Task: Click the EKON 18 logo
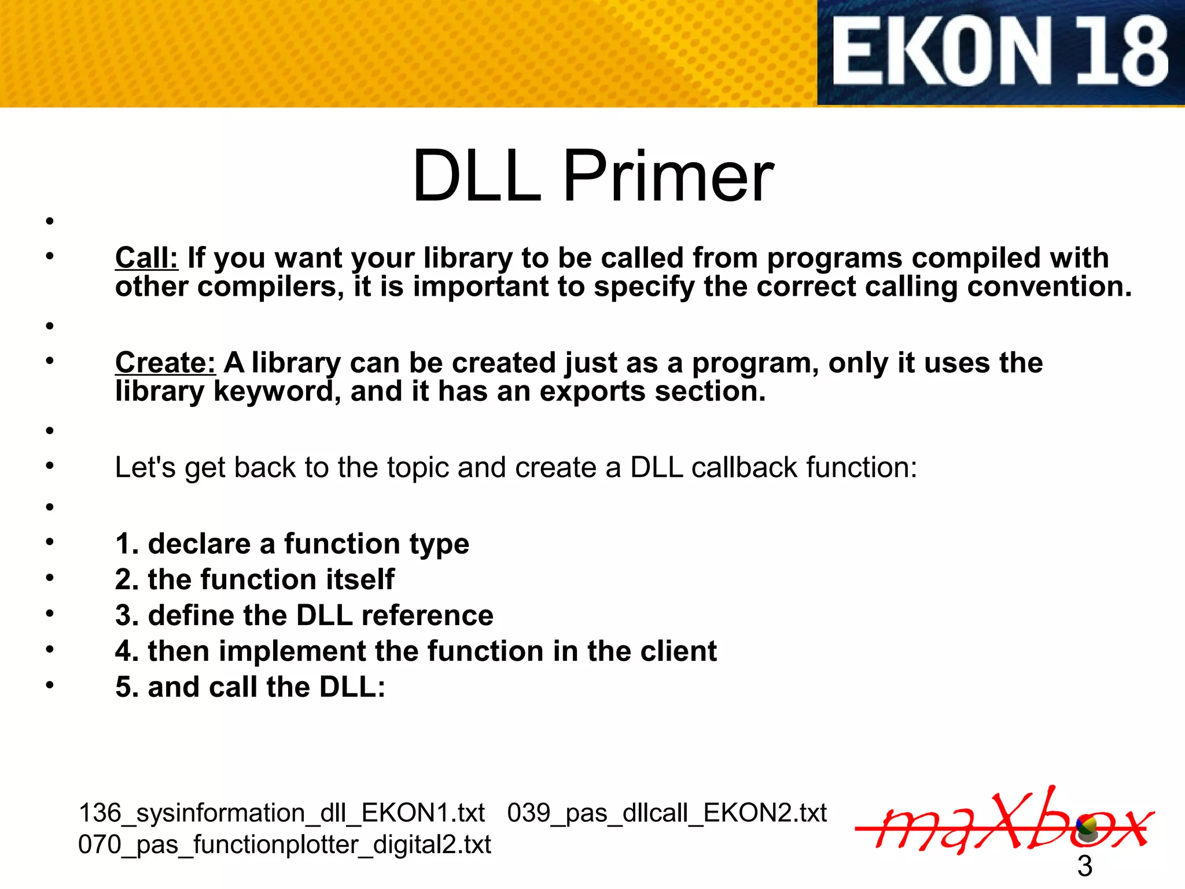[x=1000, y=52]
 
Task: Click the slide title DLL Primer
[x=592, y=176]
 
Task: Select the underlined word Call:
[x=146, y=258]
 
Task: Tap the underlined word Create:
[x=165, y=363]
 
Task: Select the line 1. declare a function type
[x=292, y=544]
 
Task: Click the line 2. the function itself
[x=255, y=579]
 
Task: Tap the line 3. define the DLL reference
[x=304, y=615]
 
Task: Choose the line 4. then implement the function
[x=415, y=651]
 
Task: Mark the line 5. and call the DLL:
[x=250, y=687]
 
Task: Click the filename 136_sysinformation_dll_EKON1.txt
[x=281, y=813]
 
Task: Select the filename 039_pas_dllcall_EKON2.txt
[x=667, y=813]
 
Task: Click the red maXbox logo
[x=1004, y=822]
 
